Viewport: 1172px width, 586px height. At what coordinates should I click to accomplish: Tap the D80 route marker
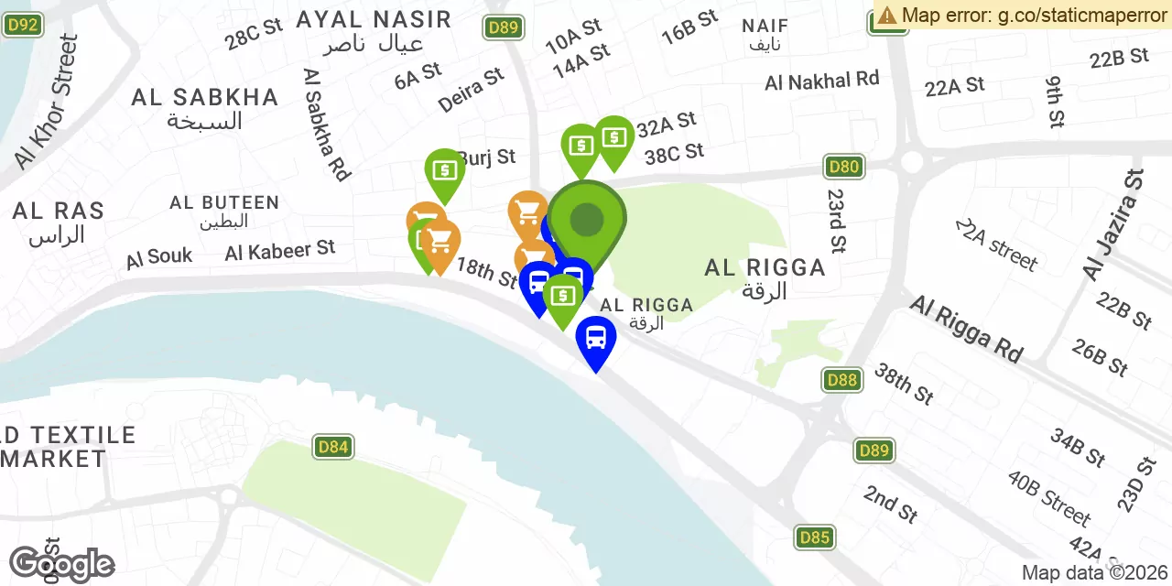click(x=843, y=167)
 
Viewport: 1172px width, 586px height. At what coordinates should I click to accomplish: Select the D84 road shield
click(x=332, y=447)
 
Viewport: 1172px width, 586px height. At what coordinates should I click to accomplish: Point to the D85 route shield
click(x=814, y=537)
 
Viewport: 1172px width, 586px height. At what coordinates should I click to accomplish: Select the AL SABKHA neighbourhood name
click(x=204, y=98)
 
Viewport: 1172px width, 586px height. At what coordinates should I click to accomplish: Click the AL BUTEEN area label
click(x=224, y=202)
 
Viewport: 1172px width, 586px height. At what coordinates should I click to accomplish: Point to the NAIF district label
click(x=765, y=25)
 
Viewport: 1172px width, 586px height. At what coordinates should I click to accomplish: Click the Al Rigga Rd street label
click(x=965, y=328)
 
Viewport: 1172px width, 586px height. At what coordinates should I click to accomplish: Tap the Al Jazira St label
click(x=1112, y=225)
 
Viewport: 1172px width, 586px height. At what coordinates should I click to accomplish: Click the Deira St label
click(x=471, y=89)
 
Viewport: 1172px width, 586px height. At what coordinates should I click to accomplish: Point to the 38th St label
click(x=903, y=383)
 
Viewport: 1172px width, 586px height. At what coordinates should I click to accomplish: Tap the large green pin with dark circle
click(x=587, y=220)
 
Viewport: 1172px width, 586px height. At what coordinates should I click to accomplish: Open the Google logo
click(x=61, y=564)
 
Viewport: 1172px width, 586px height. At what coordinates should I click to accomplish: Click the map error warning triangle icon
click(x=887, y=15)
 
